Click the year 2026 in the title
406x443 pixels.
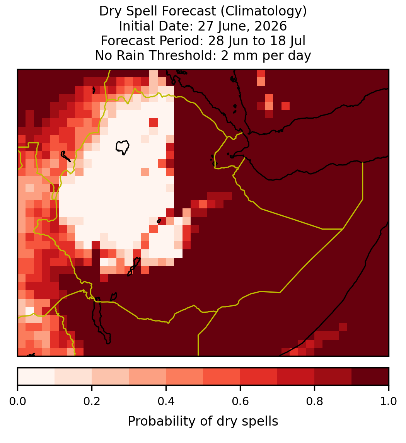click(x=271, y=26)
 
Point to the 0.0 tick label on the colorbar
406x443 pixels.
click(x=17, y=402)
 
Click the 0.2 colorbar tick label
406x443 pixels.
click(x=92, y=402)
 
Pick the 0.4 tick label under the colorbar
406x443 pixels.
click(x=166, y=402)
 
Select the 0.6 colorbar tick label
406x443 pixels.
click(x=240, y=402)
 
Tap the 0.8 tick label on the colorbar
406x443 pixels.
click(x=314, y=402)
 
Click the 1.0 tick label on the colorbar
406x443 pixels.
click(x=389, y=402)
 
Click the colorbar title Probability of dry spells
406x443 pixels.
click(x=203, y=421)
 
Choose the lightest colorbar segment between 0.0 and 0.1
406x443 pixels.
click(x=36, y=377)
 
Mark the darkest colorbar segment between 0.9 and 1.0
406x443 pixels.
click(x=370, y=377)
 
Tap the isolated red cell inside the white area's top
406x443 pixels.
click(x=154, y=123)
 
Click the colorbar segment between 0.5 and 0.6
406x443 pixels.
click(x=222, y=377)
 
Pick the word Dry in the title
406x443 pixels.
click(x=111, y=12)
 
